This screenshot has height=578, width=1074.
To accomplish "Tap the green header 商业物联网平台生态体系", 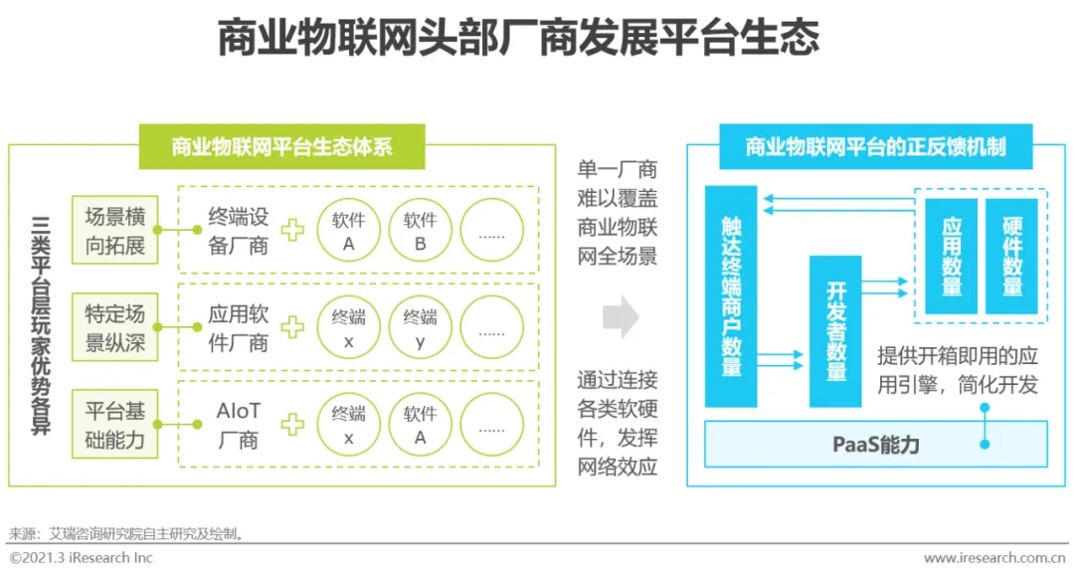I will [x=282, y=147].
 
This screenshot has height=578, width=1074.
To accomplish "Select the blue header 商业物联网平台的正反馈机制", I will [x=875, y=147].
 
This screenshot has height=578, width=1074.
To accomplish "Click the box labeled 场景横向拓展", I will [x=115, y=231].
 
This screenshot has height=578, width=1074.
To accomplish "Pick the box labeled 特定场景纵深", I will [x=115, y=328].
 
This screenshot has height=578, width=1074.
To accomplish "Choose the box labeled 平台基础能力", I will [x=115, y=425].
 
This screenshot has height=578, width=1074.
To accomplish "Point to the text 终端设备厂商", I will [x=239, y=231].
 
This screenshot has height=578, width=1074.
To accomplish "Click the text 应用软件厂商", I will [x=239, y=328].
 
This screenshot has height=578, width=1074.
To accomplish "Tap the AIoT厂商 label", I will [x=238, y=425].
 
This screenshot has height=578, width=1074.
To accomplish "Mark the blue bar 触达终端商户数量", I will [x=731, y=296].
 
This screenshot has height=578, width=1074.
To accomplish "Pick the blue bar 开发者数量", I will [x=835, y=331].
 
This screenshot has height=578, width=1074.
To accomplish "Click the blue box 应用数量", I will [x=952, y=257].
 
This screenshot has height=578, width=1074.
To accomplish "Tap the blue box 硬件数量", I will [x=1012, y=257].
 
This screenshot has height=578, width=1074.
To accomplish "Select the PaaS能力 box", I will [x=875, y=445].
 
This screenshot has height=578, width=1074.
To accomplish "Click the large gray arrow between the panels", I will [x=621, y=317].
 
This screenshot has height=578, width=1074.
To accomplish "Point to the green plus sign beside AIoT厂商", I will [x=292, y=425].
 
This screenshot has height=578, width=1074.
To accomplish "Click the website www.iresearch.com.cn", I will [x=995, y=558].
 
